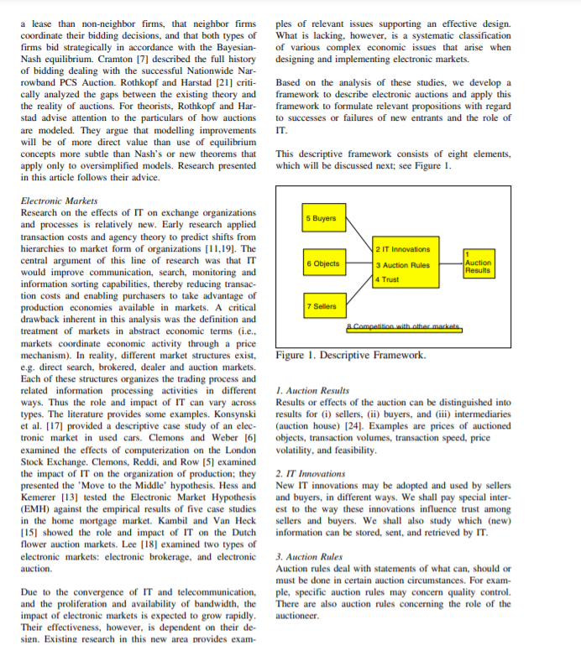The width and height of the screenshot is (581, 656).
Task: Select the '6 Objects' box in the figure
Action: point(324,263)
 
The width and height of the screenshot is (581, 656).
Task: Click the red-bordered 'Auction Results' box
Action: point(478,263)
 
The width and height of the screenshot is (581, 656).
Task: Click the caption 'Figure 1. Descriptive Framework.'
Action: point(351,355)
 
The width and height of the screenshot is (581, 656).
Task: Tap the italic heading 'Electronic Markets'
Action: point(59,201)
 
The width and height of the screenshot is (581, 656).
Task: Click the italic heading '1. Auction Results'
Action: point(312,391)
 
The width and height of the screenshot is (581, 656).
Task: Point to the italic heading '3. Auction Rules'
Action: point(310,556)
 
